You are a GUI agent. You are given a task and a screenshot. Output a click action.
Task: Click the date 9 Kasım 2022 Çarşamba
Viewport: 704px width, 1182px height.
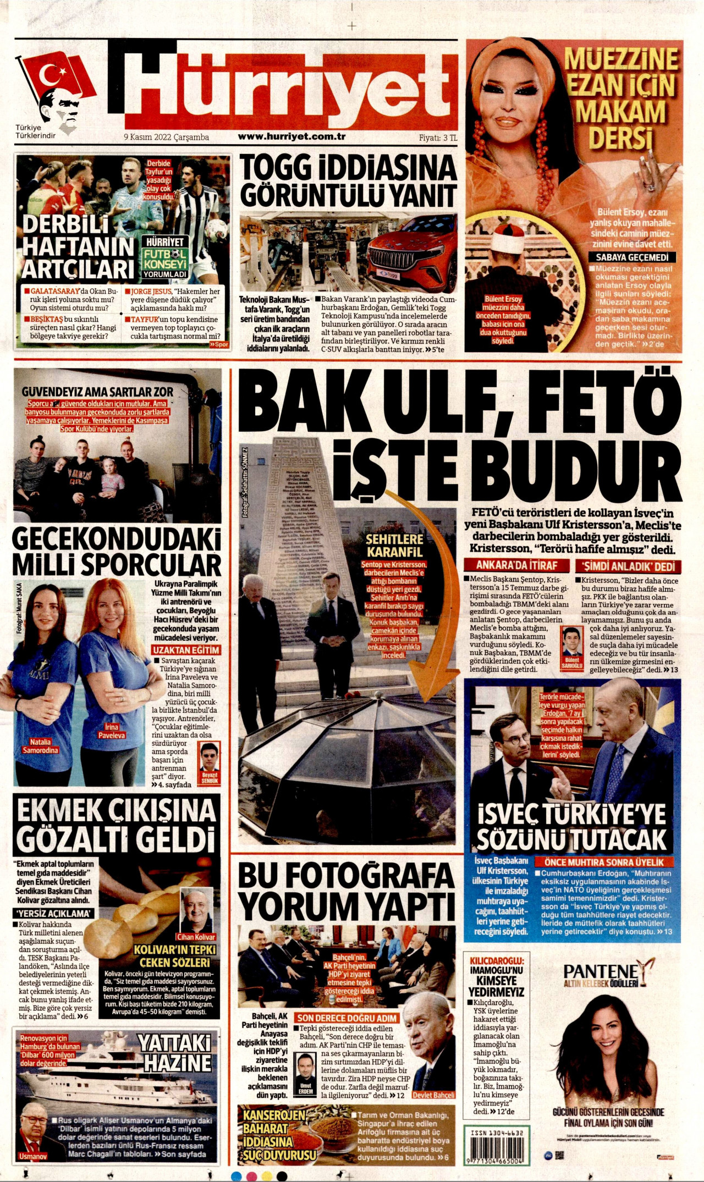point(166,138)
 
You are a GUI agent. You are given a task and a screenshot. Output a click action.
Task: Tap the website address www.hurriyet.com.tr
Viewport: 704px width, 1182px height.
point(291,137)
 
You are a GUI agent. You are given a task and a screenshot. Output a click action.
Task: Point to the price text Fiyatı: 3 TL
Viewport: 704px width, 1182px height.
point(438,138)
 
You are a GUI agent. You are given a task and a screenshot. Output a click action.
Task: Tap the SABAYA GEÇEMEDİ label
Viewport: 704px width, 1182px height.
point(632,257)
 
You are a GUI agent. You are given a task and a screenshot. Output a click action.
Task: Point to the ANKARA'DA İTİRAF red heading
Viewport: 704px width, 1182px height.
point(516,565)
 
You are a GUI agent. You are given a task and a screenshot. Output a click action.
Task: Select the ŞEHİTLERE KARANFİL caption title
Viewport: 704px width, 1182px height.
point(394,546)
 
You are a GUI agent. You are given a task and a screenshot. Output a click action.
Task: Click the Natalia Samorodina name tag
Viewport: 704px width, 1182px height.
point(40,746)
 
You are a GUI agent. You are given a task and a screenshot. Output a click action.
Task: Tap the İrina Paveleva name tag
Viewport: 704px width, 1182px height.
point(111,731)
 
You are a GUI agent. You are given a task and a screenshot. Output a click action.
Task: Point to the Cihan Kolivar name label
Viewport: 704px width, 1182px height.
point(196,937)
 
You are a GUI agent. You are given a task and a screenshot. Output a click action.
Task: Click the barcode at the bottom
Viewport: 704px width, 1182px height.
point(493,1150)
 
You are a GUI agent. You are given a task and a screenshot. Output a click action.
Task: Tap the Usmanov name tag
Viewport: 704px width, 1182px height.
point(33,1156)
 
